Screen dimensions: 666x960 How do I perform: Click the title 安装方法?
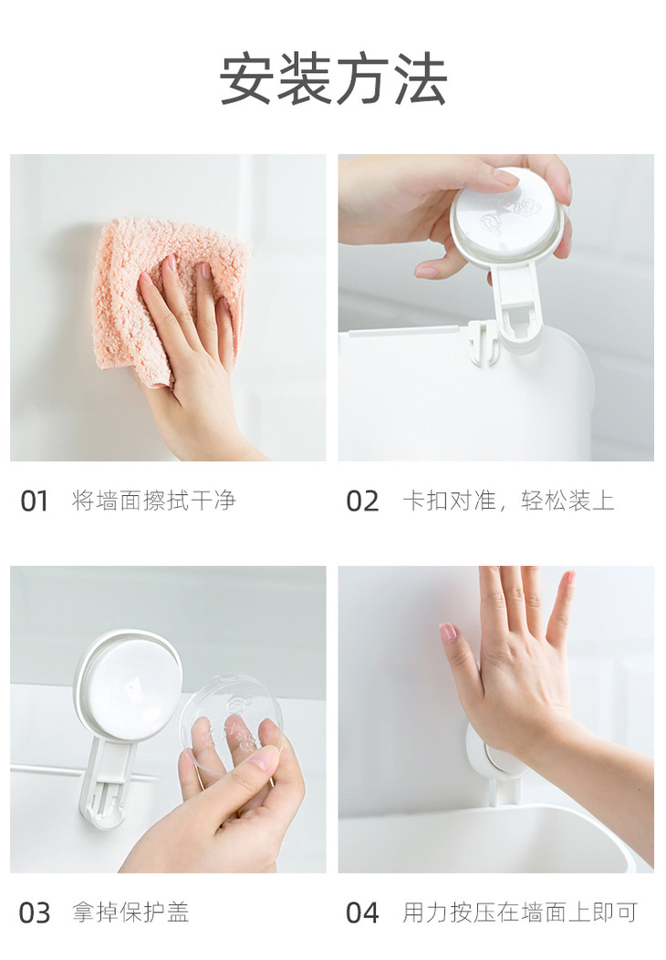(333, 79)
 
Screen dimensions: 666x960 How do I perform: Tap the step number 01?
(35, 501)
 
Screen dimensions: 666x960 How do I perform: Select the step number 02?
(362, 501)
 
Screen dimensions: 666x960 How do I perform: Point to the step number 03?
(35, 913)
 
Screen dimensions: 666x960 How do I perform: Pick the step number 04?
(362, 913)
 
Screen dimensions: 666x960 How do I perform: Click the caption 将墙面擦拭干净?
(154, 501)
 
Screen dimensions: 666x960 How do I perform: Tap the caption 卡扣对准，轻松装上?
(508, 501)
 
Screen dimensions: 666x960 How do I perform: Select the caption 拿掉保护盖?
(130, 913)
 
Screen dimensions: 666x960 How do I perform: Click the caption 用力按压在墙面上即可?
(520, 913)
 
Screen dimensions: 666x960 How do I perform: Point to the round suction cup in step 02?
(506, 212)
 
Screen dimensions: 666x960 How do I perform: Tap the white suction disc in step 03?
(130, 684)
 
